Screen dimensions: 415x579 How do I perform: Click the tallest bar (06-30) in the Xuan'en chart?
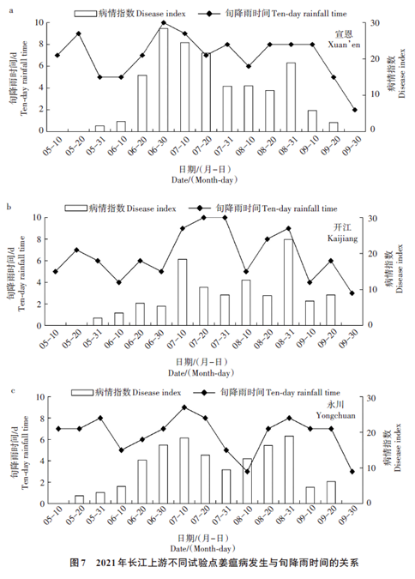tap(164, 80)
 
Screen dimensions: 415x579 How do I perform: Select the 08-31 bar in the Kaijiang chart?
tap(289, 282)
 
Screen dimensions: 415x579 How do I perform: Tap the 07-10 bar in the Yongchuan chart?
tap(184, 471)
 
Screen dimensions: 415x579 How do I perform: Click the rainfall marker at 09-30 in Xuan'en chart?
tap(355, 110)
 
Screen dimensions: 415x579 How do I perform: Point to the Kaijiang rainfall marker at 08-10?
tap(246, 271)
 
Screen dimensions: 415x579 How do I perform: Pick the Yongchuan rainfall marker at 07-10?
tap(184, 407)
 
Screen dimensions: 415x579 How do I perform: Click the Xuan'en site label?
tap(344, 39)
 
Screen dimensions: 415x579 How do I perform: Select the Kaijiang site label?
tap(342, 233)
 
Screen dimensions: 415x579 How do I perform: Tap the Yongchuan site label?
tap(335, 409)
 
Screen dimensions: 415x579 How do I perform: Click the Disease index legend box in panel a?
tap(85, 14)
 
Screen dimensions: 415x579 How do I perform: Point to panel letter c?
tap(14, 390)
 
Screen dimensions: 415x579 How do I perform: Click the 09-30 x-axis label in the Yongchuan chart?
tap(351, 516)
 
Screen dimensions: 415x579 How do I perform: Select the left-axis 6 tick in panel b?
tap(39, 261)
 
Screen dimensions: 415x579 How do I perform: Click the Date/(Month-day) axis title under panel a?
tap(204, 180)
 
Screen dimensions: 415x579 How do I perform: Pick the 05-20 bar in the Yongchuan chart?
tap(80, 499)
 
